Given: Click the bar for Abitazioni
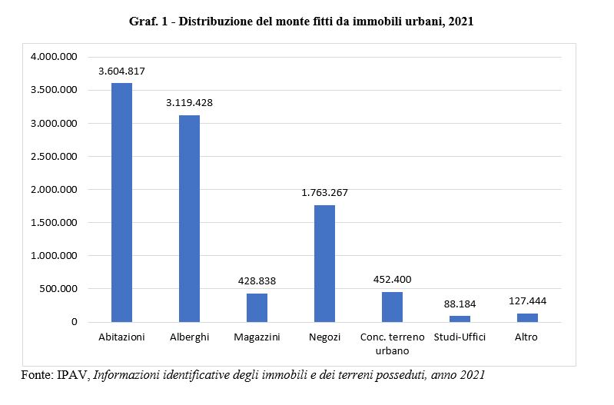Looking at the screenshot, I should pos(121,202).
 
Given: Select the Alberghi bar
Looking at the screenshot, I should pos(189,218).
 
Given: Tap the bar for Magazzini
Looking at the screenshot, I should pos(257,307).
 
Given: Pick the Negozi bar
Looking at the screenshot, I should pos(324,263).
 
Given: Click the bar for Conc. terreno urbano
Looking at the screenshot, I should pos(392,307).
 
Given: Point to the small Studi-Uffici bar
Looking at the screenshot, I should pos(460,318).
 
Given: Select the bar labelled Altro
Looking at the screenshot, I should pos(527,317).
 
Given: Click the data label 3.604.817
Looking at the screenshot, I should pos(121,71).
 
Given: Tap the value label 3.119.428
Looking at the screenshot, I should pos(189,103).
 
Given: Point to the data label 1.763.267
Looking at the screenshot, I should pos(324,193).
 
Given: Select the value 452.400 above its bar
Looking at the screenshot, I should pos(392,280).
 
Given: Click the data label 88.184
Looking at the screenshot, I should pos(460,304).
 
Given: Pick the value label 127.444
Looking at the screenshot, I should pos(527,301).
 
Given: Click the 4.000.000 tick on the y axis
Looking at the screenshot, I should pos(53,58).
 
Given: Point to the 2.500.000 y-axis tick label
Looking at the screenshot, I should pos(53,157).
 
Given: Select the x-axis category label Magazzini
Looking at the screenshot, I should pos(257,337).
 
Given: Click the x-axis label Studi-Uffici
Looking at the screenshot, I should pos(460,337).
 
